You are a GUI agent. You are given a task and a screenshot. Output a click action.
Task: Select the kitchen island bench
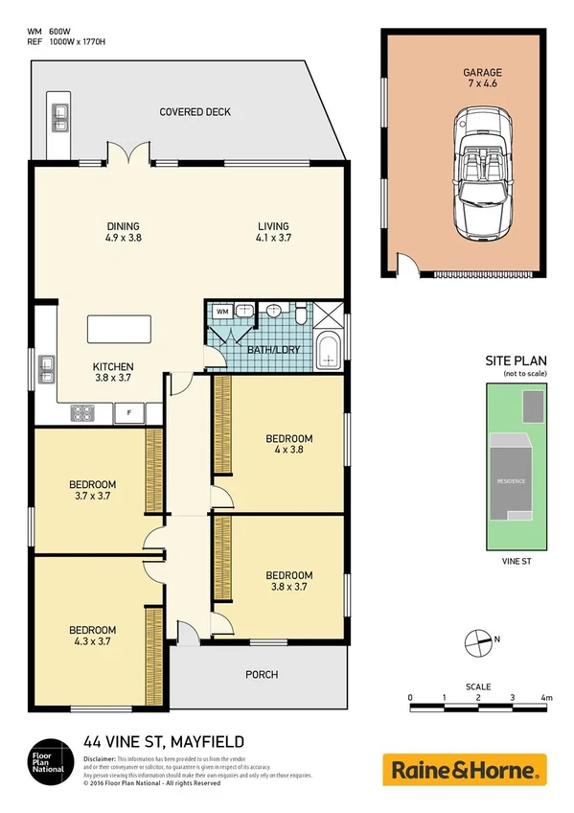pos(125,329)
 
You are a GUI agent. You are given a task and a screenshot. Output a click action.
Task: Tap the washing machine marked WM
pos(221,312)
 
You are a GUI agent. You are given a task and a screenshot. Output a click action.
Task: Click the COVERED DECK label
pos(195,112)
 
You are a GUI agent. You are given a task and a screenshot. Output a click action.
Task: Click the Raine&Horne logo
pos(465,769)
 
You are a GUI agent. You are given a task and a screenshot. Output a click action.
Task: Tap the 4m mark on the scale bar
pos(545,698)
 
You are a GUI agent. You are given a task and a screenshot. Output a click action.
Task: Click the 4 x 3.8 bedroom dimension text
pos(288,453)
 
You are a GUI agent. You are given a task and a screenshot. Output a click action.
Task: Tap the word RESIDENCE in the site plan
pos(511,480)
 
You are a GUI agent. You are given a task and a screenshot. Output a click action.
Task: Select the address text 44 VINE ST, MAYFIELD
pos(163,741)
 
